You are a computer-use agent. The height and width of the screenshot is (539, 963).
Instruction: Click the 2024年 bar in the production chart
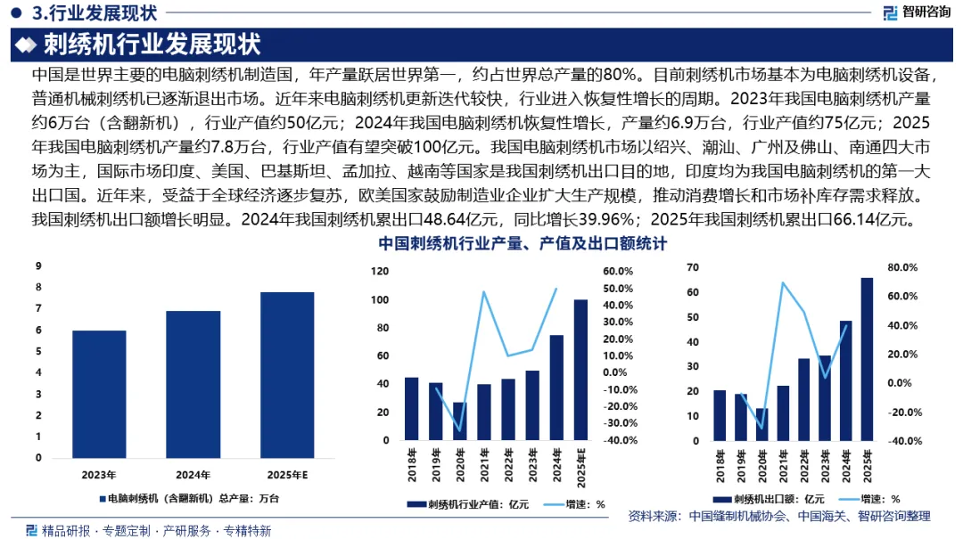coord(193,384)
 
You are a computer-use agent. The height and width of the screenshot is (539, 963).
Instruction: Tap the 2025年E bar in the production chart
coord(287,375)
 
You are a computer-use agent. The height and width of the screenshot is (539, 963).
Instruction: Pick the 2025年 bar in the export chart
coord(867,360)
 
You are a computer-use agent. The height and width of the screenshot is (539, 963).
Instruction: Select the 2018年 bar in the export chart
coord(720,415)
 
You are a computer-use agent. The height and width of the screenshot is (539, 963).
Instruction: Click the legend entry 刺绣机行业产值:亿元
coord(471,504)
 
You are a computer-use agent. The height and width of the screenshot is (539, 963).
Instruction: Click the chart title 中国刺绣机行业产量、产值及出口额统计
coord(523,243)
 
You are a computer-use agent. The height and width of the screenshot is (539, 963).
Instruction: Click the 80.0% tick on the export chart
coord(903,267)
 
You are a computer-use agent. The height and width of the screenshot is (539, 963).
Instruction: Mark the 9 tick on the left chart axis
coord(38,265)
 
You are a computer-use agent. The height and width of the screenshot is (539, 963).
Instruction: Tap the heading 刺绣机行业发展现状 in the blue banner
coord(152,43)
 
